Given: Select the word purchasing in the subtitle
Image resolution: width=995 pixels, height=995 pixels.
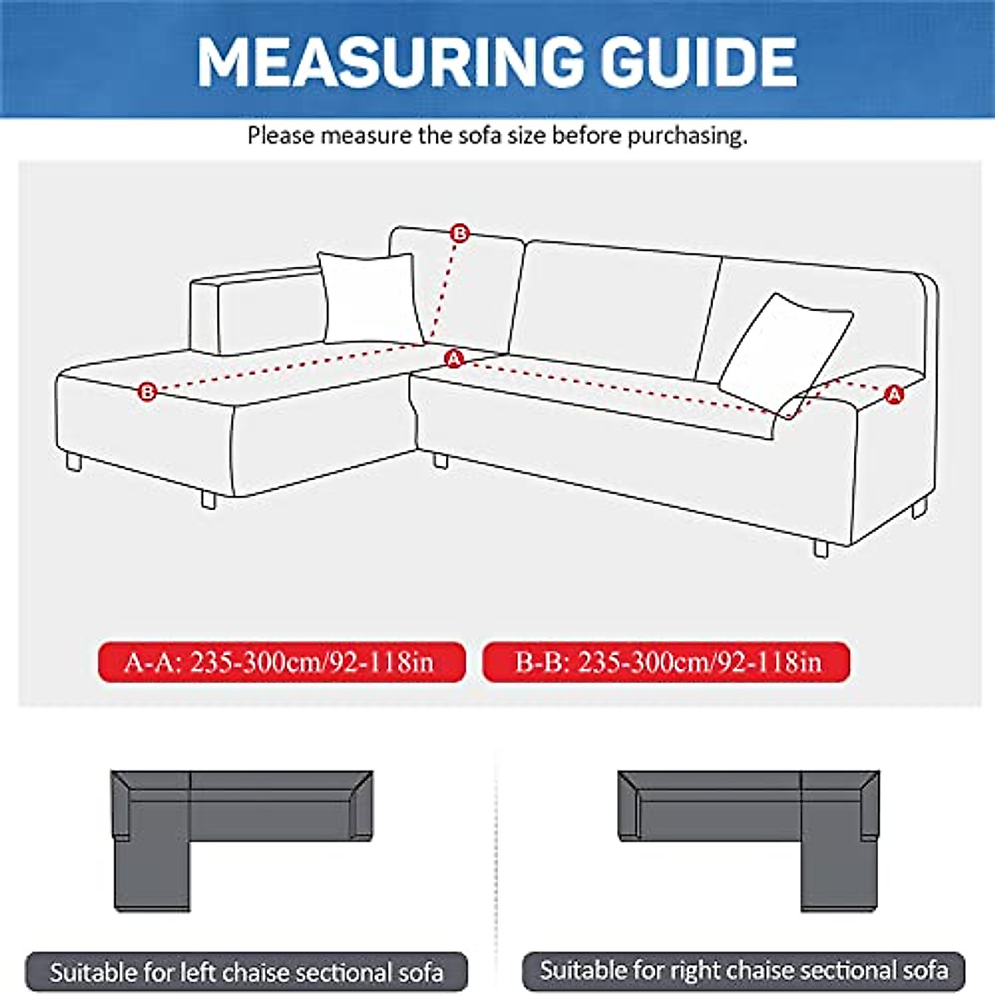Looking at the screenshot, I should (687, 135).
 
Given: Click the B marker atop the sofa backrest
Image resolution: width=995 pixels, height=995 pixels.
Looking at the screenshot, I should (459, 234).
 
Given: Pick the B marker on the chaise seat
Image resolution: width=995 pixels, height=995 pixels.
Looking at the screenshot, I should (148, 391).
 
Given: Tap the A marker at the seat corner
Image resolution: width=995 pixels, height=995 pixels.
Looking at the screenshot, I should (454, 359).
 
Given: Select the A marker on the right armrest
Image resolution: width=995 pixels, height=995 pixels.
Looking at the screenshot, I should (894, 395).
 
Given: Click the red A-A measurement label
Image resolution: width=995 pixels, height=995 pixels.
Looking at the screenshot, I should (281, 663).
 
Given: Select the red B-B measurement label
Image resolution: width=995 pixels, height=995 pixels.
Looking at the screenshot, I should (667, 663).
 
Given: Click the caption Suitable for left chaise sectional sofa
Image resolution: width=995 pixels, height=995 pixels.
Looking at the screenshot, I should (246, 972).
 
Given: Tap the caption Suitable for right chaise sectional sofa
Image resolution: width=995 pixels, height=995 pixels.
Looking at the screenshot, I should (744, 970).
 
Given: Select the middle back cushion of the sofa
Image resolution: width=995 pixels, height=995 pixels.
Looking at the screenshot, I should (614, 308).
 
